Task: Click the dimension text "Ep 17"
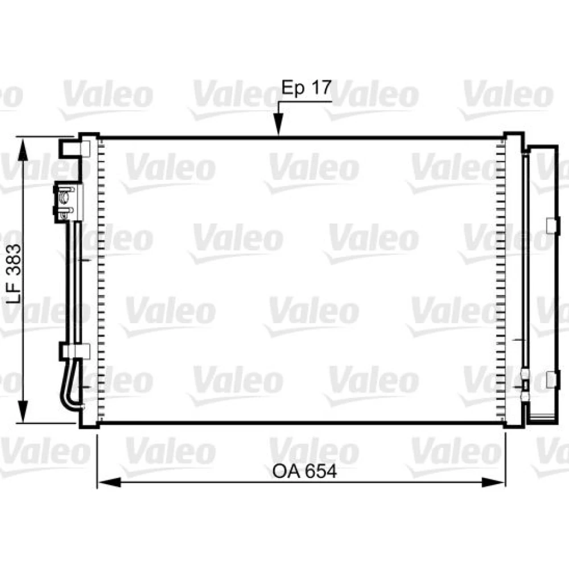307,88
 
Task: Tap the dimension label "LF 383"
15,274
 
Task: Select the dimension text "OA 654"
305,471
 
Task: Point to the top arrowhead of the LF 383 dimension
23,150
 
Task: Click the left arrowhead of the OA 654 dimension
109,483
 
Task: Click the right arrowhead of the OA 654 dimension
493,483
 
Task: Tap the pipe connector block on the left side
68,203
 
